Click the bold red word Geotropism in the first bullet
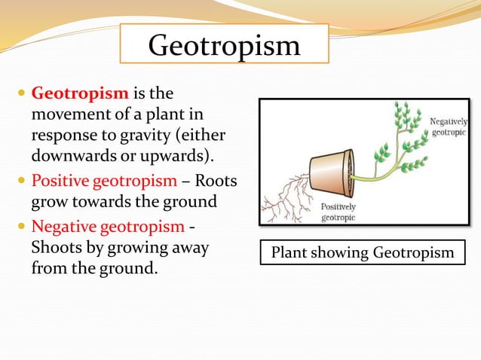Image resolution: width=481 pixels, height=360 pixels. click(80, 94)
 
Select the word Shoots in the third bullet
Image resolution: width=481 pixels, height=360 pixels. click(55, 248)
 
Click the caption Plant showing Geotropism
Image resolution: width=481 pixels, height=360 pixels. click(363, 252)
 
